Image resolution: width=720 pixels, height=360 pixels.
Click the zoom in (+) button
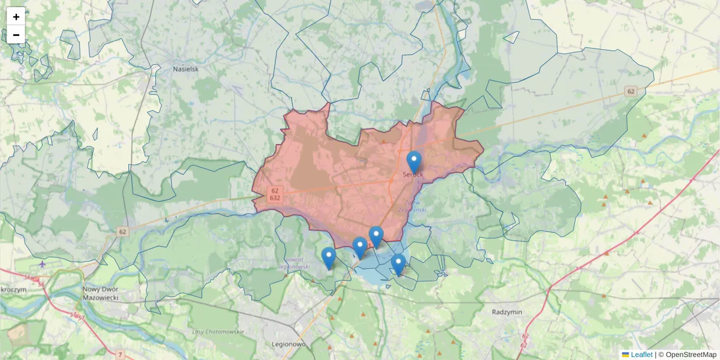click(x=16, y=17)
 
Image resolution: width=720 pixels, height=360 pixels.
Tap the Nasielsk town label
click(x=185, y=68)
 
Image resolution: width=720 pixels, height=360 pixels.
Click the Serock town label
click(x=413, y=175)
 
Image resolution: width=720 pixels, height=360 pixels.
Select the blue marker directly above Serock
click(x=414, y=161)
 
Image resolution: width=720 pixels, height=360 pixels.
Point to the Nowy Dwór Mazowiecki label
click(x=101, y=293)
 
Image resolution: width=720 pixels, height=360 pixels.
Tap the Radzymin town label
click(x=508, y=313)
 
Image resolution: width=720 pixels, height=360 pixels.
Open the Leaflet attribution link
click(x=641, y=355)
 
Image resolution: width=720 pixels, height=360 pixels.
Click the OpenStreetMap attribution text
click(x=691, y=355)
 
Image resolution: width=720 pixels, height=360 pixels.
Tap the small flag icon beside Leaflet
click(x=625, y=355)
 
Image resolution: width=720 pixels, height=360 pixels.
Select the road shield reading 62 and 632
click(x=275, y=194)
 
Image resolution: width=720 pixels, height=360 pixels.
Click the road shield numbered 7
click(x=121, y=355)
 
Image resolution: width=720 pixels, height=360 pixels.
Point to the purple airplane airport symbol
click(x=42, y=263)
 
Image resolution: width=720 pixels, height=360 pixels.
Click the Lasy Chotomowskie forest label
click(x=217, y=332)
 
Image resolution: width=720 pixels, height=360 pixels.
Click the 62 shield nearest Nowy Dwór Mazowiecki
click(x=123, y=232)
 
